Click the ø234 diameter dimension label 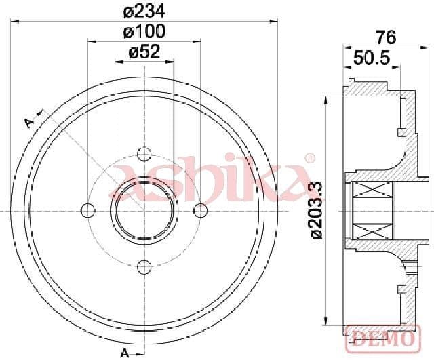144,12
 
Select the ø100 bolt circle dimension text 144,31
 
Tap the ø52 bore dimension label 144,52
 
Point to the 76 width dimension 386,37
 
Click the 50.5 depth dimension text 372,58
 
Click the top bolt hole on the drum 144,154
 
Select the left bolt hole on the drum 87,211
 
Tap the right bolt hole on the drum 201,211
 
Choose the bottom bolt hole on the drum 144,267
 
